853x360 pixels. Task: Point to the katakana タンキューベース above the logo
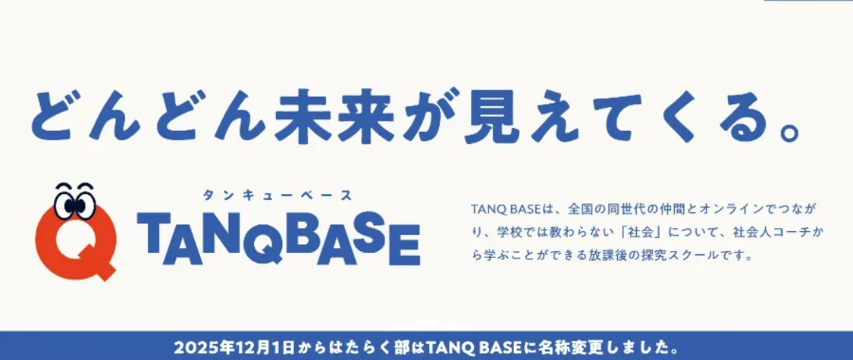(277, 196)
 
